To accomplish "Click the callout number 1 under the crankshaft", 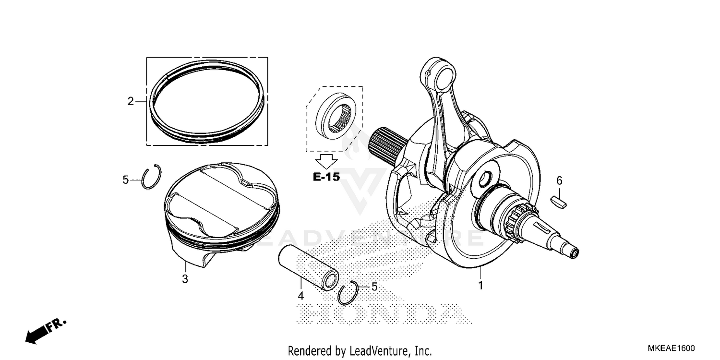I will tap(480, 286).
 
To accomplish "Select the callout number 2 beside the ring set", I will tap(130, 101).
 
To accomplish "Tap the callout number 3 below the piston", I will tap(185, 279).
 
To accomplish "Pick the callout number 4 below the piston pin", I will tap(300, 296).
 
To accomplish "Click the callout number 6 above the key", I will tap(559, 180).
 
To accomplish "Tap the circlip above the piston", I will tap(152, 178).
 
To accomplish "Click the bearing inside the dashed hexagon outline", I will tap(334, 117).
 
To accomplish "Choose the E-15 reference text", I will tap(326, 177).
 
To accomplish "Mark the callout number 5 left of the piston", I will tap(126, 180).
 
